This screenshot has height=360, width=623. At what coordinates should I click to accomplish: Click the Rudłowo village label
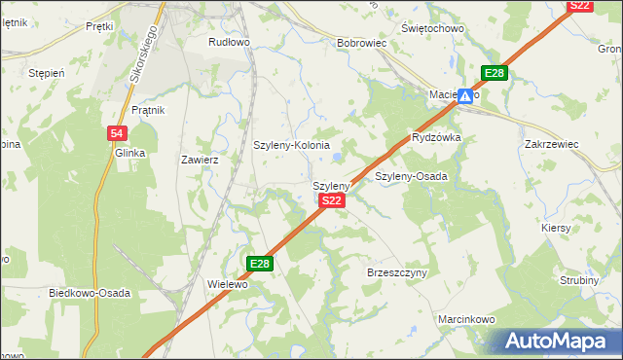(230, 43)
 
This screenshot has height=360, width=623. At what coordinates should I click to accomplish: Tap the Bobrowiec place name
(362, 44)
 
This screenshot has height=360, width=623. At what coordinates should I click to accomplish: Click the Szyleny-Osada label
(411, 176)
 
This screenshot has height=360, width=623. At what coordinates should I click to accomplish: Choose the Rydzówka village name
(436, 138)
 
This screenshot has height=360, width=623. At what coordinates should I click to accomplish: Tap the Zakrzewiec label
(551, 144)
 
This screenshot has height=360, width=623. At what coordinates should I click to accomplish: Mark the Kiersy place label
(556, 228)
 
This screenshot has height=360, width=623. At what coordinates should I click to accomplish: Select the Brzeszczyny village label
(397, 273)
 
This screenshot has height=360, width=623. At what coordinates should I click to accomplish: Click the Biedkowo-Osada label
(90, 292)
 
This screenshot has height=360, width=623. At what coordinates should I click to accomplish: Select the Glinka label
(129, 154)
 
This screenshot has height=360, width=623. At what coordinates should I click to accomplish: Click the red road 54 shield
(116, 133)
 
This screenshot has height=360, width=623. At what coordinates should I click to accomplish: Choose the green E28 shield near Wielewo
(260, 264)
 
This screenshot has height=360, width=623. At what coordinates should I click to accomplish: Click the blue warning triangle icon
(467, 96)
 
